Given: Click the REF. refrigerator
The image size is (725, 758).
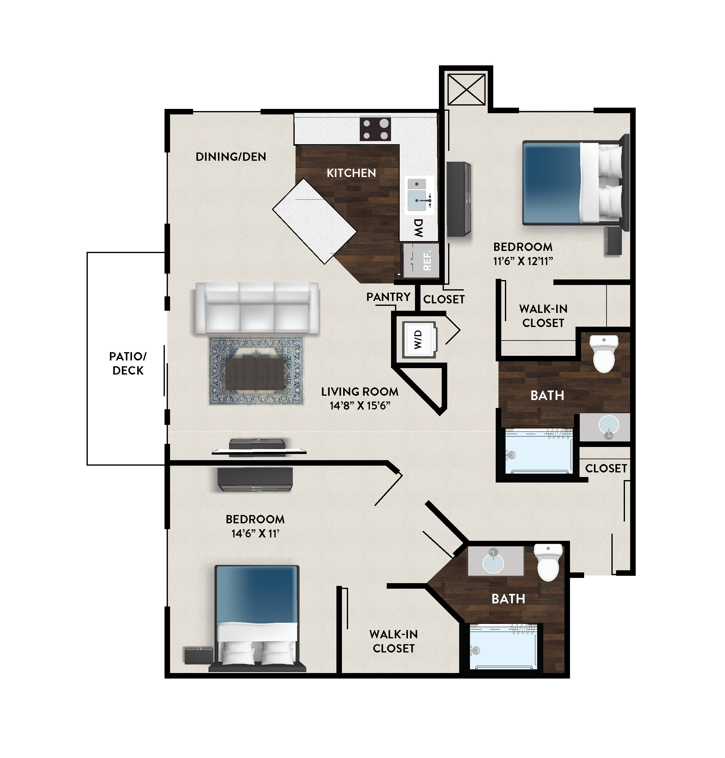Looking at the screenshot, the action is [421, 260].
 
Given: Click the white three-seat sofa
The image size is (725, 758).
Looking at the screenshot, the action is [257, 307].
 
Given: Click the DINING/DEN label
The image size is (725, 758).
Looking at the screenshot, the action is [231, 157].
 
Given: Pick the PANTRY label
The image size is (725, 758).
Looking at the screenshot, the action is [388, 297].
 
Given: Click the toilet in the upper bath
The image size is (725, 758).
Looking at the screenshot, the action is [604, 353].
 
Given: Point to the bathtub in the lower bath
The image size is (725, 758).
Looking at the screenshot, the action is [503, 647].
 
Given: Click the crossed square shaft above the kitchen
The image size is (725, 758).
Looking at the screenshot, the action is [466, 89].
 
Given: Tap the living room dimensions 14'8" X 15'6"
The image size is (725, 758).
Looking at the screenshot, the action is [360, 406].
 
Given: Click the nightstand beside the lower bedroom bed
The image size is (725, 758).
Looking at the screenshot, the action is [199, 656].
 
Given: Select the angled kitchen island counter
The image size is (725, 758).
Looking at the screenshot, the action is [314, 221].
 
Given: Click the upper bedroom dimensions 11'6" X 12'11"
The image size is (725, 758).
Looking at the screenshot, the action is [523, 261].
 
